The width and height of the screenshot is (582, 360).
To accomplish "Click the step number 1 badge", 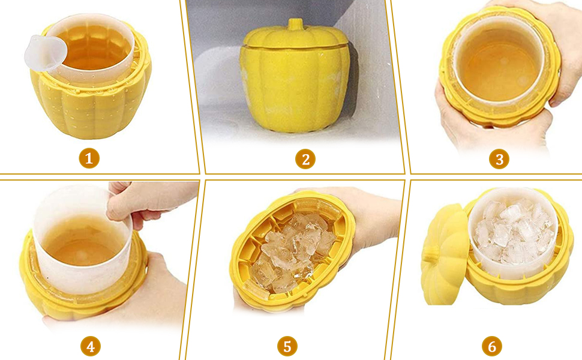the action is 89,158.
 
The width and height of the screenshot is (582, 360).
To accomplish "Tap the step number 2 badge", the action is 305,159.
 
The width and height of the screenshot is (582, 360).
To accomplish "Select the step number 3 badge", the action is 499,159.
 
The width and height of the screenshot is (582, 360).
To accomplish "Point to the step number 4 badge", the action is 91,347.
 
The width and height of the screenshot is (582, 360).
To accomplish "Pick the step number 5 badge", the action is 287,347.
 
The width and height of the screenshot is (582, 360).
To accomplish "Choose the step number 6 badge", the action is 492,347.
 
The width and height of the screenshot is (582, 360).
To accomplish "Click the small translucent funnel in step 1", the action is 45,53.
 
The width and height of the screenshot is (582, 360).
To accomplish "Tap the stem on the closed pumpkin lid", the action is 295,25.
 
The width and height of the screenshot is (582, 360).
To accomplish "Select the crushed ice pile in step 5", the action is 292,253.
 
